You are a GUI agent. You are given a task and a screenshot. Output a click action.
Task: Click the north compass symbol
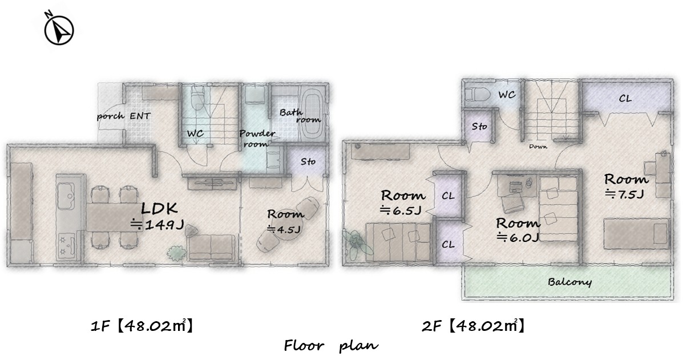[59, 29]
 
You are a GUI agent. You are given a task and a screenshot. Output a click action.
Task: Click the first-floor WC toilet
[197, 98]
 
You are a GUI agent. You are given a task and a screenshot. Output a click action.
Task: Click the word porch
[109, 116]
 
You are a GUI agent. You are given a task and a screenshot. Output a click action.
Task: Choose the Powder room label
[257, 139]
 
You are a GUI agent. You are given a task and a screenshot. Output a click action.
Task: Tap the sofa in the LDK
[211, 247]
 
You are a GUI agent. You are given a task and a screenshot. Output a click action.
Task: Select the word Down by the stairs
[538, 147]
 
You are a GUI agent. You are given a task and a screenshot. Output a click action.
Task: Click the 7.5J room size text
[624, 195]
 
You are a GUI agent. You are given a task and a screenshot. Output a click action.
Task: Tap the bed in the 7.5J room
[636, 234]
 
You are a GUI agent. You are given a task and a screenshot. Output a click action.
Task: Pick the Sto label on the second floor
[479, 127]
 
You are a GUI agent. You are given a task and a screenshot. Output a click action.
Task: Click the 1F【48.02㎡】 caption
[141, 326]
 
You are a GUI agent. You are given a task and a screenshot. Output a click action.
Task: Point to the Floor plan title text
[331, 346]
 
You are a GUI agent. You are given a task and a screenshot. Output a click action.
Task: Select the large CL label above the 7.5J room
[625, 99]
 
